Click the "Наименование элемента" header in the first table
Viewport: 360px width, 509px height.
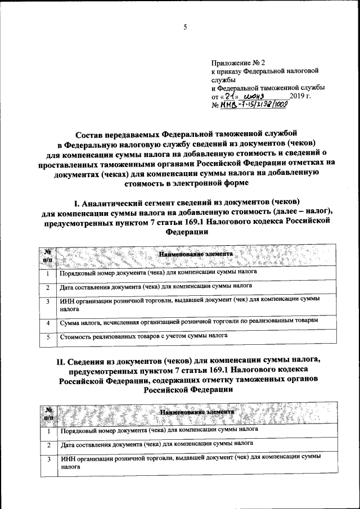pyautogui.click(x=195, y=254)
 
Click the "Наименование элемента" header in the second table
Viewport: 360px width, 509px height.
pyautogui.click(x=195, y=412)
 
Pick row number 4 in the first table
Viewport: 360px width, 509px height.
pyautogui.click(x=49, y=323)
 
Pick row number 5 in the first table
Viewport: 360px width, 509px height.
pyautogui.click(x=49, y=336)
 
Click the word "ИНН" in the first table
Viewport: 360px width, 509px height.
pyautogui.click(x=67, y=301)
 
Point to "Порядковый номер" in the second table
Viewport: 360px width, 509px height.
pyautogui.click(x=88, y=429)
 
